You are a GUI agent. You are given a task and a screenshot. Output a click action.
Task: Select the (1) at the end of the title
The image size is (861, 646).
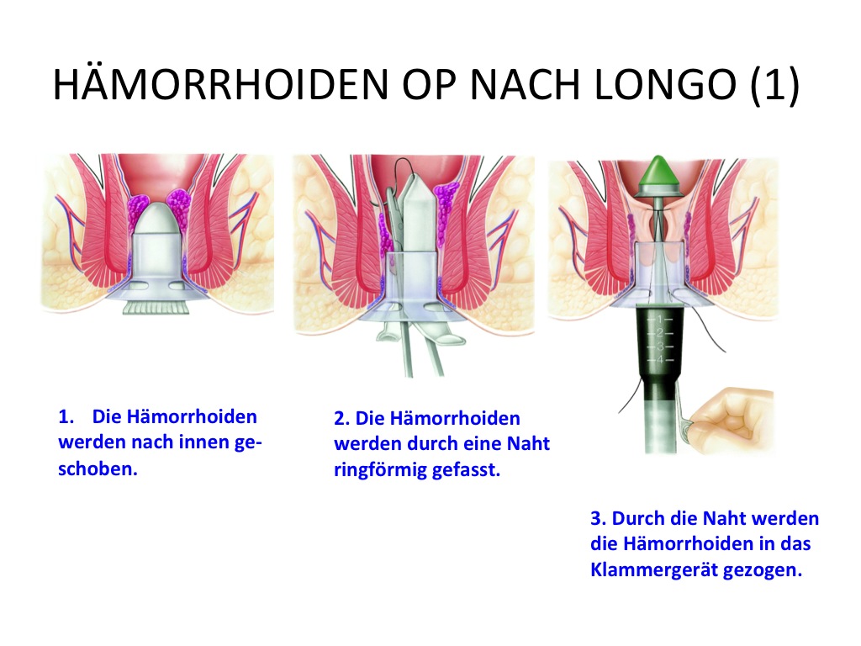coord(774,85)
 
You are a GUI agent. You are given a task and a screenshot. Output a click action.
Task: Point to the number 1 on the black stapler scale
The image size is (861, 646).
coord(661,319)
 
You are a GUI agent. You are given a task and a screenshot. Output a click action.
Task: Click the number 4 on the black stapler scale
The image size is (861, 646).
coord(661,360)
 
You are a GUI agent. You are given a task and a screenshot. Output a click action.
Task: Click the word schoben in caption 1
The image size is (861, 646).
coord(98,469)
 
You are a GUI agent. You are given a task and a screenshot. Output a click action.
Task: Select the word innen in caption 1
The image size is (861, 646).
coord(205,442)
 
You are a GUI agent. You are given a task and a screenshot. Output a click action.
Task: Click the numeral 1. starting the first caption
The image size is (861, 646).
coord(66,416)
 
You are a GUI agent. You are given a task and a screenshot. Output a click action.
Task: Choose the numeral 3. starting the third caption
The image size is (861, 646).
coord(598,518)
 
